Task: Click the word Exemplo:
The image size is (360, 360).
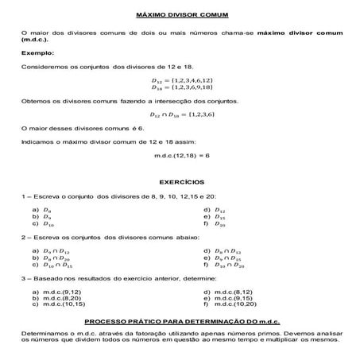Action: point(37,52)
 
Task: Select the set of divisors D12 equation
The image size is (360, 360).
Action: point(182,81)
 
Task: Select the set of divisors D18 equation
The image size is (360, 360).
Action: point(182,88)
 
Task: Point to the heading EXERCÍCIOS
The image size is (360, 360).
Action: point(182,181)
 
